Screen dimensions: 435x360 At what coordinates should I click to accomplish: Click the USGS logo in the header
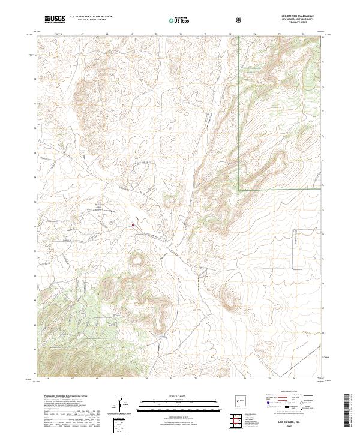coord(55,19)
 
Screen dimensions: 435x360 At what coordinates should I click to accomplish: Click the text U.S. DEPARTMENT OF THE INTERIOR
coord(90,17)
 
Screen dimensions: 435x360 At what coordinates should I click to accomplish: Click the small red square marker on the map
coord(133,226)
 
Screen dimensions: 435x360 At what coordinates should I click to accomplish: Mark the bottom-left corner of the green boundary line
coord(239,190)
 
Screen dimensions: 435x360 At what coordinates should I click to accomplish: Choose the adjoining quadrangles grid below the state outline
coord(238,421)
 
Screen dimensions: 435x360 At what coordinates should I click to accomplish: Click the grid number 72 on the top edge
coord(205,34)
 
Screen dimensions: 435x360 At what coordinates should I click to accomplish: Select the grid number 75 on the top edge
coord(279,34)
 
